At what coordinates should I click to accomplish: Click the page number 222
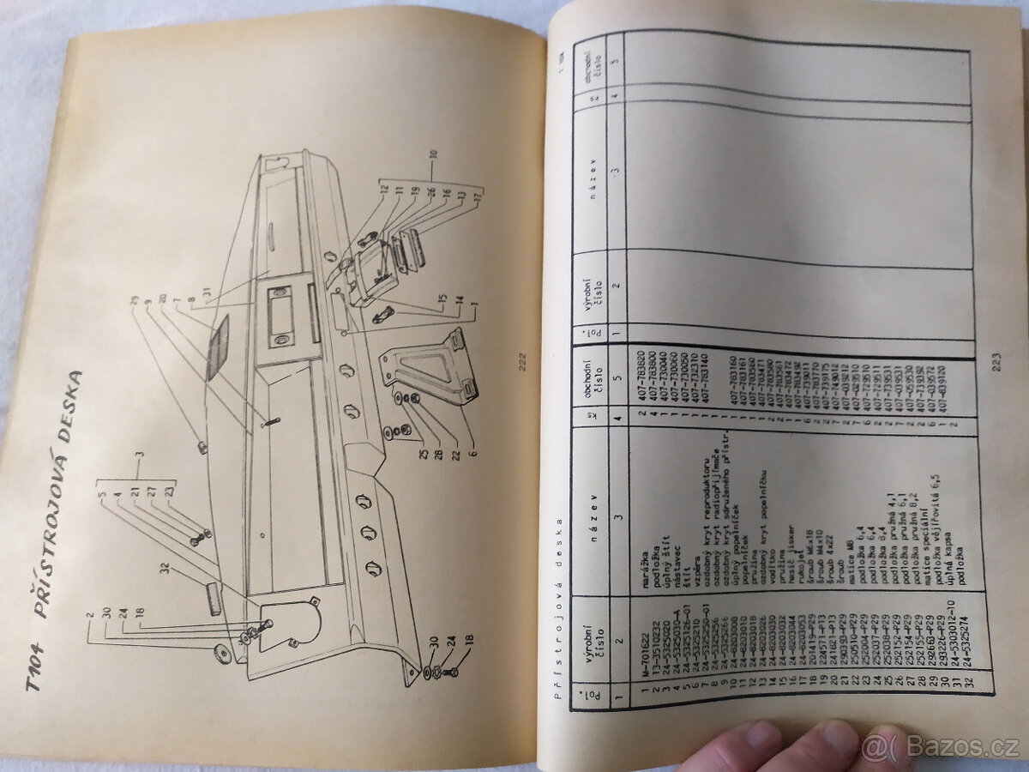[x=521, y=360]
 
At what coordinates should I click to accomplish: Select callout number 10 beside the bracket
[x=434, y=154]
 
